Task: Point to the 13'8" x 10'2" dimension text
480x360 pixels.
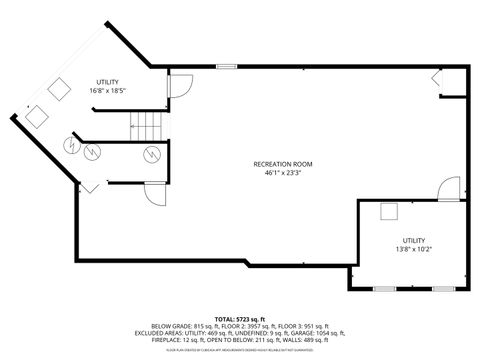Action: click(x=414, y=250)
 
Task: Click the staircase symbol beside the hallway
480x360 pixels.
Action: click(x=147, y=125)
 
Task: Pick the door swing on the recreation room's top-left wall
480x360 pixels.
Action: click(x=178, y=87)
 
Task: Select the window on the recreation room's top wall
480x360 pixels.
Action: click(x=227, y=67)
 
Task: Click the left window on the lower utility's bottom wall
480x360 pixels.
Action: click(x=383, y=289)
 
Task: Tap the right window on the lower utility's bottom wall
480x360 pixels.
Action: click(x=442, y=289)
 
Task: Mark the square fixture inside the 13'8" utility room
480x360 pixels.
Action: click(x=388, y=210)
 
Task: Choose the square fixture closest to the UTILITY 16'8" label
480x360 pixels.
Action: click(x=58, y=89)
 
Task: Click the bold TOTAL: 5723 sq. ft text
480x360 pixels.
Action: click(x=240, y=317)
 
